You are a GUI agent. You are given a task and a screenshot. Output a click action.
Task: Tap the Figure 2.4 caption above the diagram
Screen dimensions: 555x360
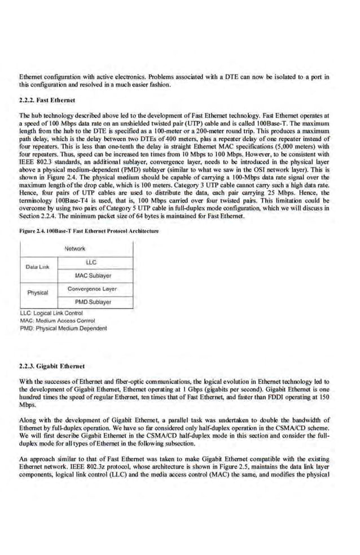(90, 231)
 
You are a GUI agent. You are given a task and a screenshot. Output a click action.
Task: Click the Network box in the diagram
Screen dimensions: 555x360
(75, 248)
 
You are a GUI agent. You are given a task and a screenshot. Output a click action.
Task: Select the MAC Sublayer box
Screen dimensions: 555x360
(93, 276)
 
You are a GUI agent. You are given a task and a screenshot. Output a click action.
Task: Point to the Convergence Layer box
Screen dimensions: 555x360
(92, 289)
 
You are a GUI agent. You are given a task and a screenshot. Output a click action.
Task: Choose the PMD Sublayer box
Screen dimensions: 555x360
(93, 302)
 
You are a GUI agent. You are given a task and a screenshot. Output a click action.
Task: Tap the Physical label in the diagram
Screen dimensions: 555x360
(38, 293)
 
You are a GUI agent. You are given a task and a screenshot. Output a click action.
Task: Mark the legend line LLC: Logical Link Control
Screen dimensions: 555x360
(51, 313)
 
